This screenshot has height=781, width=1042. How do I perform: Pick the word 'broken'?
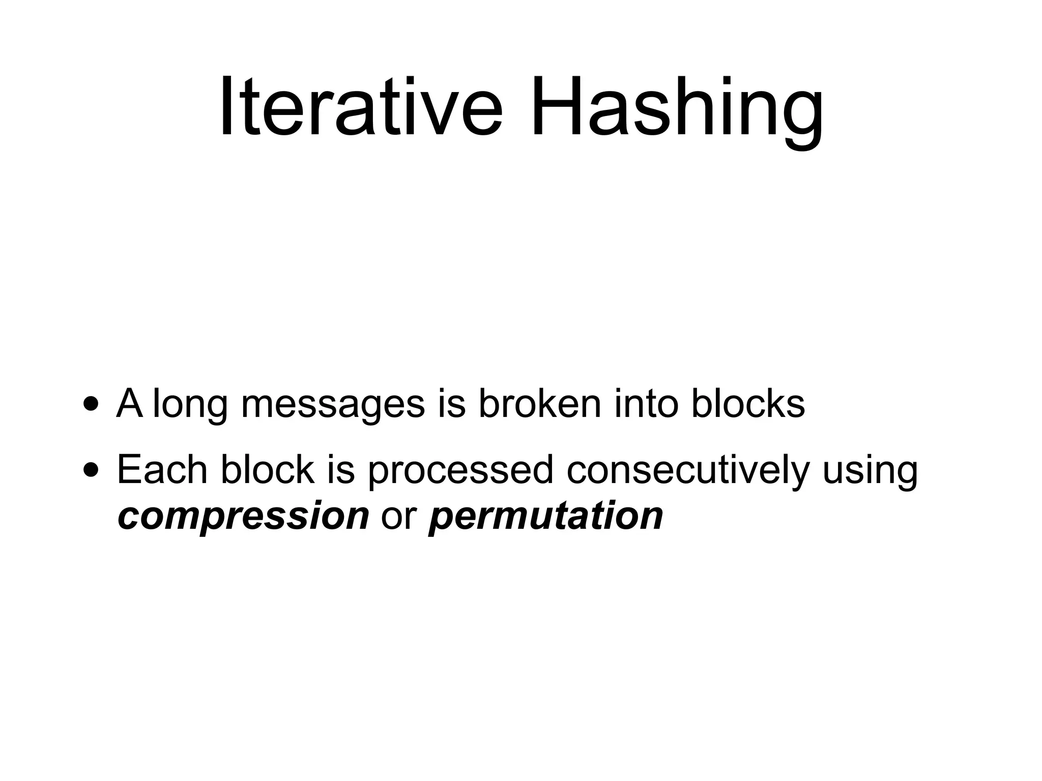tap(540, 404)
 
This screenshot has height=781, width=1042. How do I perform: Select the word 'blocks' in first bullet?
tap(748, 404)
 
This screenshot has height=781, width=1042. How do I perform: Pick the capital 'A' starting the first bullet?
tap(129, 404)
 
